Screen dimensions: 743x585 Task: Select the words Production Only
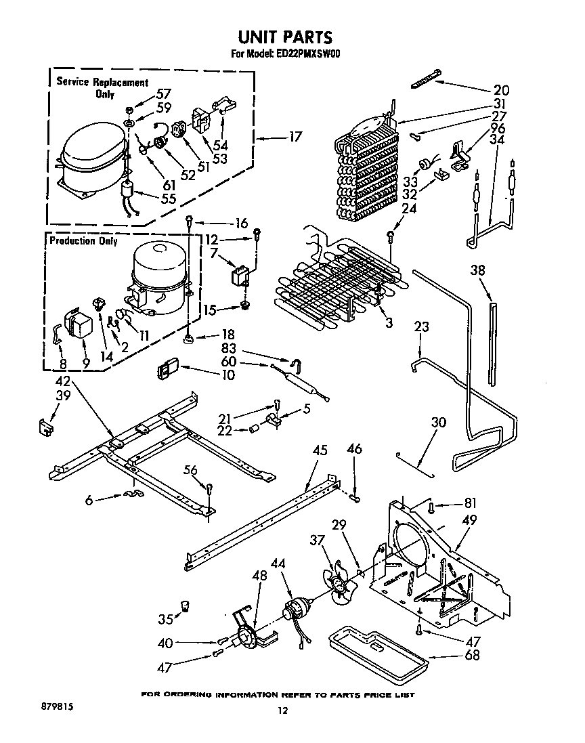click(83, 241)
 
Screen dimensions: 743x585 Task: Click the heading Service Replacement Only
click(102, 88)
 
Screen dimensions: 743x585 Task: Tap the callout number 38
click(479, 271)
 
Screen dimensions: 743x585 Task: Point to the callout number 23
click(422, 327)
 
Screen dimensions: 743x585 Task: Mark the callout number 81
click(470, 503)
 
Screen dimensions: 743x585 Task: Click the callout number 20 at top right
click(501, 90)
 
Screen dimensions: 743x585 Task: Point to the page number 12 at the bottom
click(283, 710)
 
